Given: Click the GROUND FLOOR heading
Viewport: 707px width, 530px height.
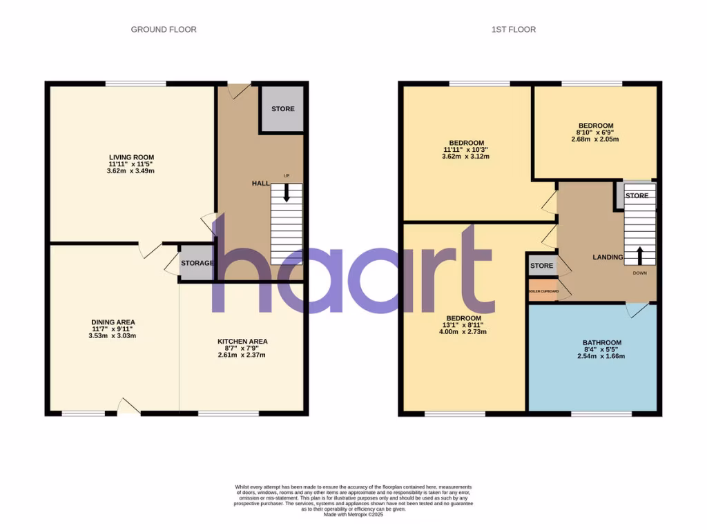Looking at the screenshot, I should (164, 30).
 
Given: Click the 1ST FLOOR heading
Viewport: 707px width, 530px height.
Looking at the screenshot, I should (513, 30).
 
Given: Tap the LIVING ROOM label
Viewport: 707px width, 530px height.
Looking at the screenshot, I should (125, 157).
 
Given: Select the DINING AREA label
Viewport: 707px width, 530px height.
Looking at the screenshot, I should (113, 322).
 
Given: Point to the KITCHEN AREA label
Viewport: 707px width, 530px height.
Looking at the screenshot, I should (242, 342).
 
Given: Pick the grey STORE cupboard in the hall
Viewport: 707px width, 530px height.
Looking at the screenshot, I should (282, 109).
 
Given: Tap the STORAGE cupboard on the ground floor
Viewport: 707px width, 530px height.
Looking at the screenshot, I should (196, 263).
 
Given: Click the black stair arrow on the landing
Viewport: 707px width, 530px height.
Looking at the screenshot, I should (639, 255).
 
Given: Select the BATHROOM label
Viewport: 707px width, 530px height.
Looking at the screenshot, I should (602, 343).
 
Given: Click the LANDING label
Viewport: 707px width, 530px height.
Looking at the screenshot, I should (608, 257).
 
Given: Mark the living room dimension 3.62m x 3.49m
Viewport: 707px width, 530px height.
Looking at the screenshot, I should (125, 170).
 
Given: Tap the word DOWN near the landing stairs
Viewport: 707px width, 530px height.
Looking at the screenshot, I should (641, 273).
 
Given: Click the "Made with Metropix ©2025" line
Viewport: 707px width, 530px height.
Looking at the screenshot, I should (353, 514).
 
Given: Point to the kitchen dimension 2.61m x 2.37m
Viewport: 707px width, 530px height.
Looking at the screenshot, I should (242, 355).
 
